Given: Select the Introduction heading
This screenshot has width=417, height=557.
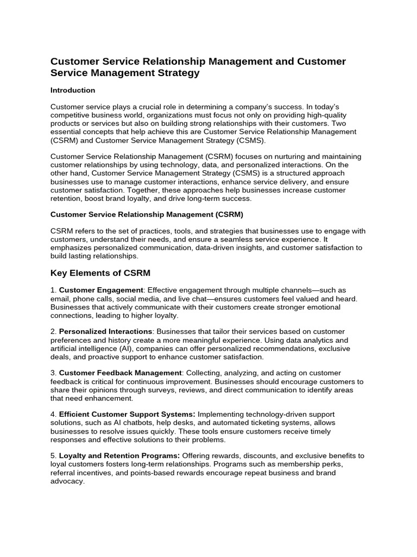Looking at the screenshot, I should (73, 90).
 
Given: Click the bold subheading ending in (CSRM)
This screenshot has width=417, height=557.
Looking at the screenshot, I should (147, 215).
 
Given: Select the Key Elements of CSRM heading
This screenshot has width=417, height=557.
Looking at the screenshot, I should (100, 273).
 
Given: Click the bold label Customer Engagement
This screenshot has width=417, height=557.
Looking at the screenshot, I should (101, 290).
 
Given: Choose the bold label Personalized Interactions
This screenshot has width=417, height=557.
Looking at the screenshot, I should (105, 331).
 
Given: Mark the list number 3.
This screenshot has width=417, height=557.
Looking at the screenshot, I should (53, 373).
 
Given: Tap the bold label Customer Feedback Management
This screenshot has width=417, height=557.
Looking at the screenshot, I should (120, 373).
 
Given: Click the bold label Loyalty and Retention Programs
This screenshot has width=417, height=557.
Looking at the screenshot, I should (119, 455).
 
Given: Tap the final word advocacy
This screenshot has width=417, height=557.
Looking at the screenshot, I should (67, 481).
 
